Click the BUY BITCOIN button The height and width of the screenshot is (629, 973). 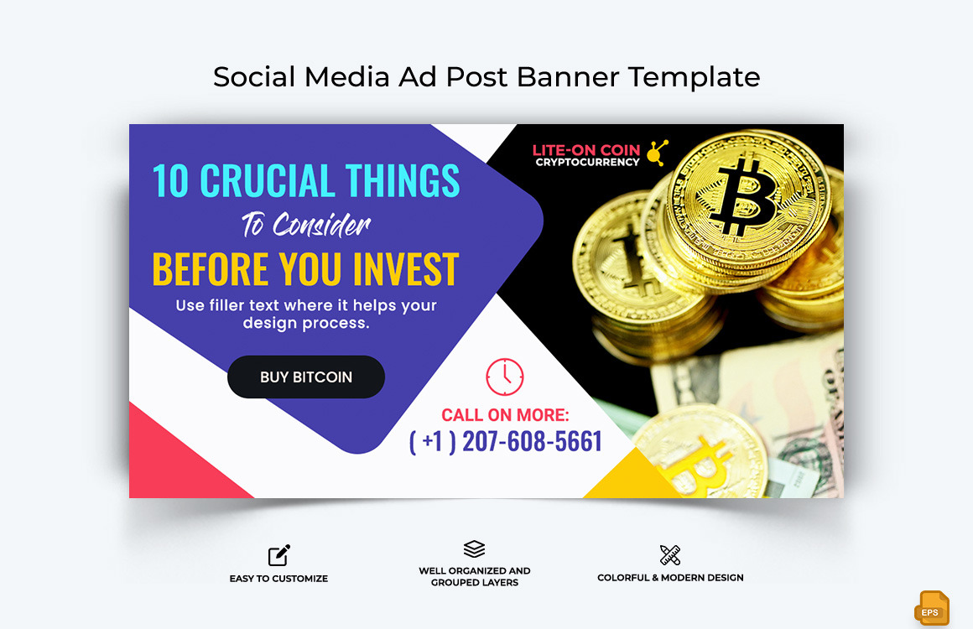(305, 377)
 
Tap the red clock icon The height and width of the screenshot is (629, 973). (504, 377)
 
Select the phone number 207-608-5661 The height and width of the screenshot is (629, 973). (532, 441)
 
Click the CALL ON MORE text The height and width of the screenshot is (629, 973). (505, 415)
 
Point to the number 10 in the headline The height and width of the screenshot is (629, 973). (171, 181)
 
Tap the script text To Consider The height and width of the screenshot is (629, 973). (305, 225)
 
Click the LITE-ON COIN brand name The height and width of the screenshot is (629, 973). (585, 151)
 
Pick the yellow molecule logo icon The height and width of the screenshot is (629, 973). (658, 152)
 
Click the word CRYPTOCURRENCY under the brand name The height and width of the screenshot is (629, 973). (587, 163)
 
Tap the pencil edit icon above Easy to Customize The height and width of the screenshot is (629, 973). (278, 555)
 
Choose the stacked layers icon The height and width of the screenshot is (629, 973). (474, 549)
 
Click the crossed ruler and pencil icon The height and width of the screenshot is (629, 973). (670, 554)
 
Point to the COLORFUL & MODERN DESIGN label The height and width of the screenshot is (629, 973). (670, 578)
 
